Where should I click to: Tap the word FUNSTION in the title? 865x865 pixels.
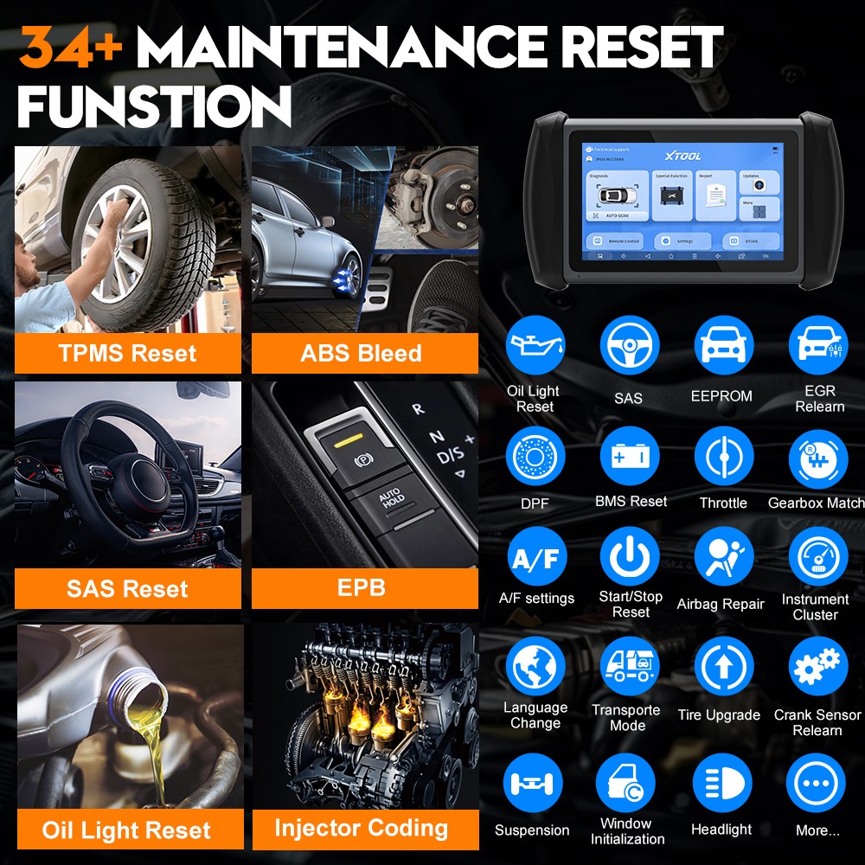154,109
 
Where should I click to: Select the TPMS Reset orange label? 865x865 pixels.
127,353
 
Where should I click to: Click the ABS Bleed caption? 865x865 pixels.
361,353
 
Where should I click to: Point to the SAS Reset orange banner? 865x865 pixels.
127,589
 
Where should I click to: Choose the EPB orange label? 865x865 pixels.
362,588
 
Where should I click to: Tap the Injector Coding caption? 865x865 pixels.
362,828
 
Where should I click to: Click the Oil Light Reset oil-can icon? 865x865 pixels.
535,345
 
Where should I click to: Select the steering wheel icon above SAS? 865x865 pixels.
629,345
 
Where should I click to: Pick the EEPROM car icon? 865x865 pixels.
723,345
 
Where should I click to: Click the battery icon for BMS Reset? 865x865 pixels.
629,456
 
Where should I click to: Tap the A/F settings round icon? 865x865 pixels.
535,558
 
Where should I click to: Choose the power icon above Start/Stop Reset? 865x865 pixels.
630,558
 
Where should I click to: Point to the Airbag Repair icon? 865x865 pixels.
723,558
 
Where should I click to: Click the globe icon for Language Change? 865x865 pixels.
535,667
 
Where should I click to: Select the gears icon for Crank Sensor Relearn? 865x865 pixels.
817,667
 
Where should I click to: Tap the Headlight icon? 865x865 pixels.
722,782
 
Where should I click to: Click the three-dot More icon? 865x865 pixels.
817,782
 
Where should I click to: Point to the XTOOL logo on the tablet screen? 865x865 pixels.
683,156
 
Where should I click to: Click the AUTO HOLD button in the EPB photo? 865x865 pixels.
391,498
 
